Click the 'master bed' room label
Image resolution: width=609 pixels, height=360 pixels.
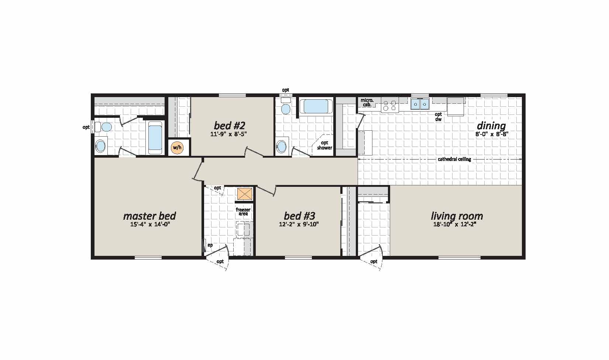pyautogui.click(x=149, y=216)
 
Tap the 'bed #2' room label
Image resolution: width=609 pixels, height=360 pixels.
pyautogui.click(x=230, y=125)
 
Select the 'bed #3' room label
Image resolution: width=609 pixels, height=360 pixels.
pyautogui.click(x=299, y=216)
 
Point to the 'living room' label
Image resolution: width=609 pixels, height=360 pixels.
pyautogui.click(x=457, y=216)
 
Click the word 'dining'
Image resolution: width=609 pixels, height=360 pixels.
pyautogui.click(x=491, y=126)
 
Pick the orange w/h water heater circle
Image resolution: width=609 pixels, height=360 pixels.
pyautogui.click(x=177, y=148)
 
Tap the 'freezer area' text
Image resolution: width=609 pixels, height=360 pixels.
pyautogui.click(x=243, y=212)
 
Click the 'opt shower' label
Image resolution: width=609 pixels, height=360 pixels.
pyautogui.click(x=325, y=145)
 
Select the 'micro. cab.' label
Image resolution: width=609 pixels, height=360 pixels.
pyautogui.click(x=367, y=102)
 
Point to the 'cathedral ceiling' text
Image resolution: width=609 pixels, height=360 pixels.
pyautogui.click(x=454, y=160)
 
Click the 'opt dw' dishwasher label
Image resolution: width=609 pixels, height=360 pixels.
pyautogui.click(x=438, y=117)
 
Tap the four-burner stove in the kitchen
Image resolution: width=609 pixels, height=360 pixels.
pyautogui.click(x=390, y=104)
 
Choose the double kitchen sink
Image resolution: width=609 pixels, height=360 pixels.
pyautogui.click(x=420, y=104)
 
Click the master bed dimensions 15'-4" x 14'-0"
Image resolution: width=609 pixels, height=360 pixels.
pyautogui.click(x=150, y=224)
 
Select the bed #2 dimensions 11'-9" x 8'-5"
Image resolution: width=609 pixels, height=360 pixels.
pyautogui.click(x=228, y=134)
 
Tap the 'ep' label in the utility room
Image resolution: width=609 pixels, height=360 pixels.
pyautogui.click(x=210, y=245)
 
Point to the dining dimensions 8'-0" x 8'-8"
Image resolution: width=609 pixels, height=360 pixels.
pyautogui.click(x=492, y=134)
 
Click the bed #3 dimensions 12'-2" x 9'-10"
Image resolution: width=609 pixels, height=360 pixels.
pyautogui.click(x=299, y=224)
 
